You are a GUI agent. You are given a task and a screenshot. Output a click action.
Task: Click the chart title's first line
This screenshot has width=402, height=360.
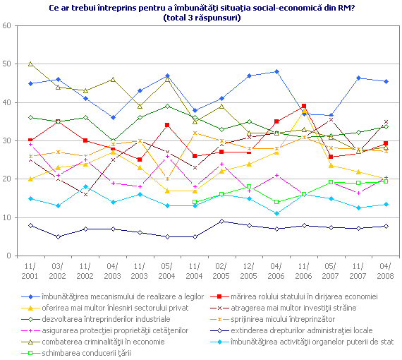(x=201, y=7)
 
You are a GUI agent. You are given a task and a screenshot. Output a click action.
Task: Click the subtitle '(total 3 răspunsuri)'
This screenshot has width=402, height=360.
(x=201, y=18)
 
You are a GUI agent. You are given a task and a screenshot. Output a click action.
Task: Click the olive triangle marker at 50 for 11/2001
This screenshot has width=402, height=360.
(x=30, y=64)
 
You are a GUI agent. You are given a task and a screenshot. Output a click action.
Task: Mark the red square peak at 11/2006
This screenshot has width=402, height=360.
(x=303, y=106)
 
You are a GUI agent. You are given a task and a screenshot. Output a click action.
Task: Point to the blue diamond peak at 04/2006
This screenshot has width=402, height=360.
(x=276, y=71)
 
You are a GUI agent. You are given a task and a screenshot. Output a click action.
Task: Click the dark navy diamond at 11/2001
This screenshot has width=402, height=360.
(x=30, y=225)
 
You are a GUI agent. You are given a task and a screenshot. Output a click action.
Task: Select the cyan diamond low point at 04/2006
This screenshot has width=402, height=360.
(x=276, y=213)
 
